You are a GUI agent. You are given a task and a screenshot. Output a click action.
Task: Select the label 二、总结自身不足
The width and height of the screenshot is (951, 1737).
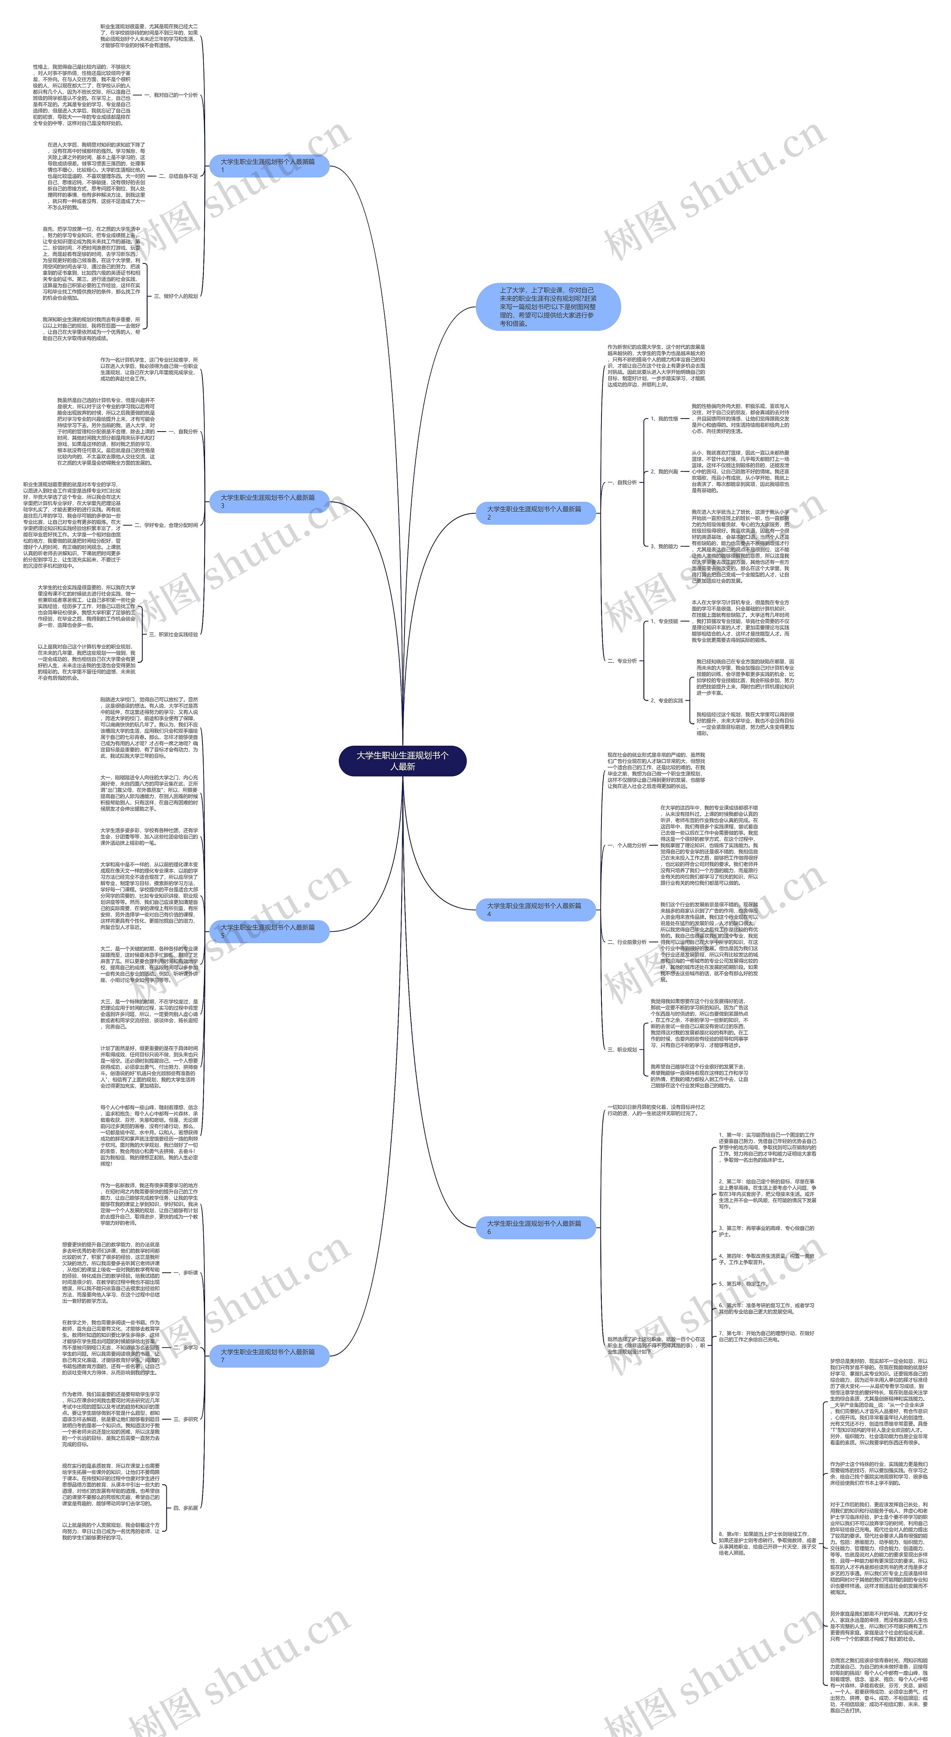pos(178,176)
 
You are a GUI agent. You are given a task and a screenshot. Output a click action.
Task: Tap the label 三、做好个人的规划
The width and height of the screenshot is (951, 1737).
pos(175,296)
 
